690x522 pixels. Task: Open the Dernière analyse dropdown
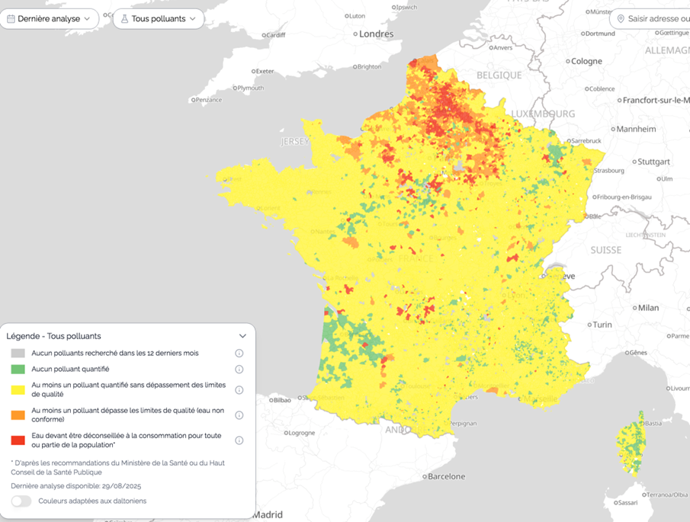click(x=49, y=18)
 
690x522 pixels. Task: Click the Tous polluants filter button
click(x=159, y=18)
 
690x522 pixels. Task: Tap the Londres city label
click(x=376, y=34)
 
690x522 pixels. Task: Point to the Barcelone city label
click(x=445, y=476)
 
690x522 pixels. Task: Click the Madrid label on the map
click(x=268, y=514)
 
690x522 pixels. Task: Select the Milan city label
click(x=648, y=308)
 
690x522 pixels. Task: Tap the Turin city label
click(x=602, y=325)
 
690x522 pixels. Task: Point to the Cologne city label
click(x=586, y=61)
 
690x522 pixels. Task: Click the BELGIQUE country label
click(x=499, y=75)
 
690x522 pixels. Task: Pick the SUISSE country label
click(x=606, y=250)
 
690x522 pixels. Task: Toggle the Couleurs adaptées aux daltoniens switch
click(x=21, y=501)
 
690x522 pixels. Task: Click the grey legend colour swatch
click(x=18, y=354)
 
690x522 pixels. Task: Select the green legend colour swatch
click(x=18, y=369)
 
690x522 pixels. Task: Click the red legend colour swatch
click(x=18, y=440)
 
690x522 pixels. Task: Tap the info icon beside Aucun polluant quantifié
click(x=239, y=369)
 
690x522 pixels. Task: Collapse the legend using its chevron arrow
click(x=242, y=336)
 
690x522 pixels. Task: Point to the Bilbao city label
click(x=281, y=399)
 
